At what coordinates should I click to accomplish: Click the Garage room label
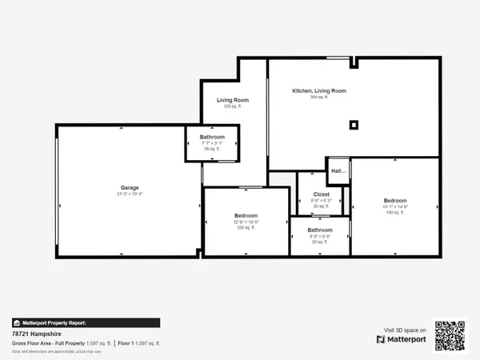tap(129, 188)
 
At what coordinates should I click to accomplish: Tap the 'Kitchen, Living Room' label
tap(318, 91)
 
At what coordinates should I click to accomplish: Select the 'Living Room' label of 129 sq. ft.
tap(233, 100)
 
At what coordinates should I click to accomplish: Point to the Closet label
tap(321, 194)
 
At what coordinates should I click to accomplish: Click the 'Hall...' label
tap(338, 170)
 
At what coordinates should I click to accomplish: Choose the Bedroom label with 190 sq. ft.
tap(394, 200)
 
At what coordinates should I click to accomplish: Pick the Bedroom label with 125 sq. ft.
tap(246, 216)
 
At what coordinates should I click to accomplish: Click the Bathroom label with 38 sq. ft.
tap(212, 137)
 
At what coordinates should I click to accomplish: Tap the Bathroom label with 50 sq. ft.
tap(320, 230)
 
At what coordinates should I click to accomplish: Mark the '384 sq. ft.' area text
tap(318, 98)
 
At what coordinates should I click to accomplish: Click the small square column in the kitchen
tap(354, 124)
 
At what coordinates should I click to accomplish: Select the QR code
tap(449, 336)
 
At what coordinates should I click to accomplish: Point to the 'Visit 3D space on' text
tap(406, 329)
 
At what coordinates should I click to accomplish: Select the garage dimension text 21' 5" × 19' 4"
tap(129, 194)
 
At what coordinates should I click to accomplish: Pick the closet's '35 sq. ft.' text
tap(321, 206)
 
